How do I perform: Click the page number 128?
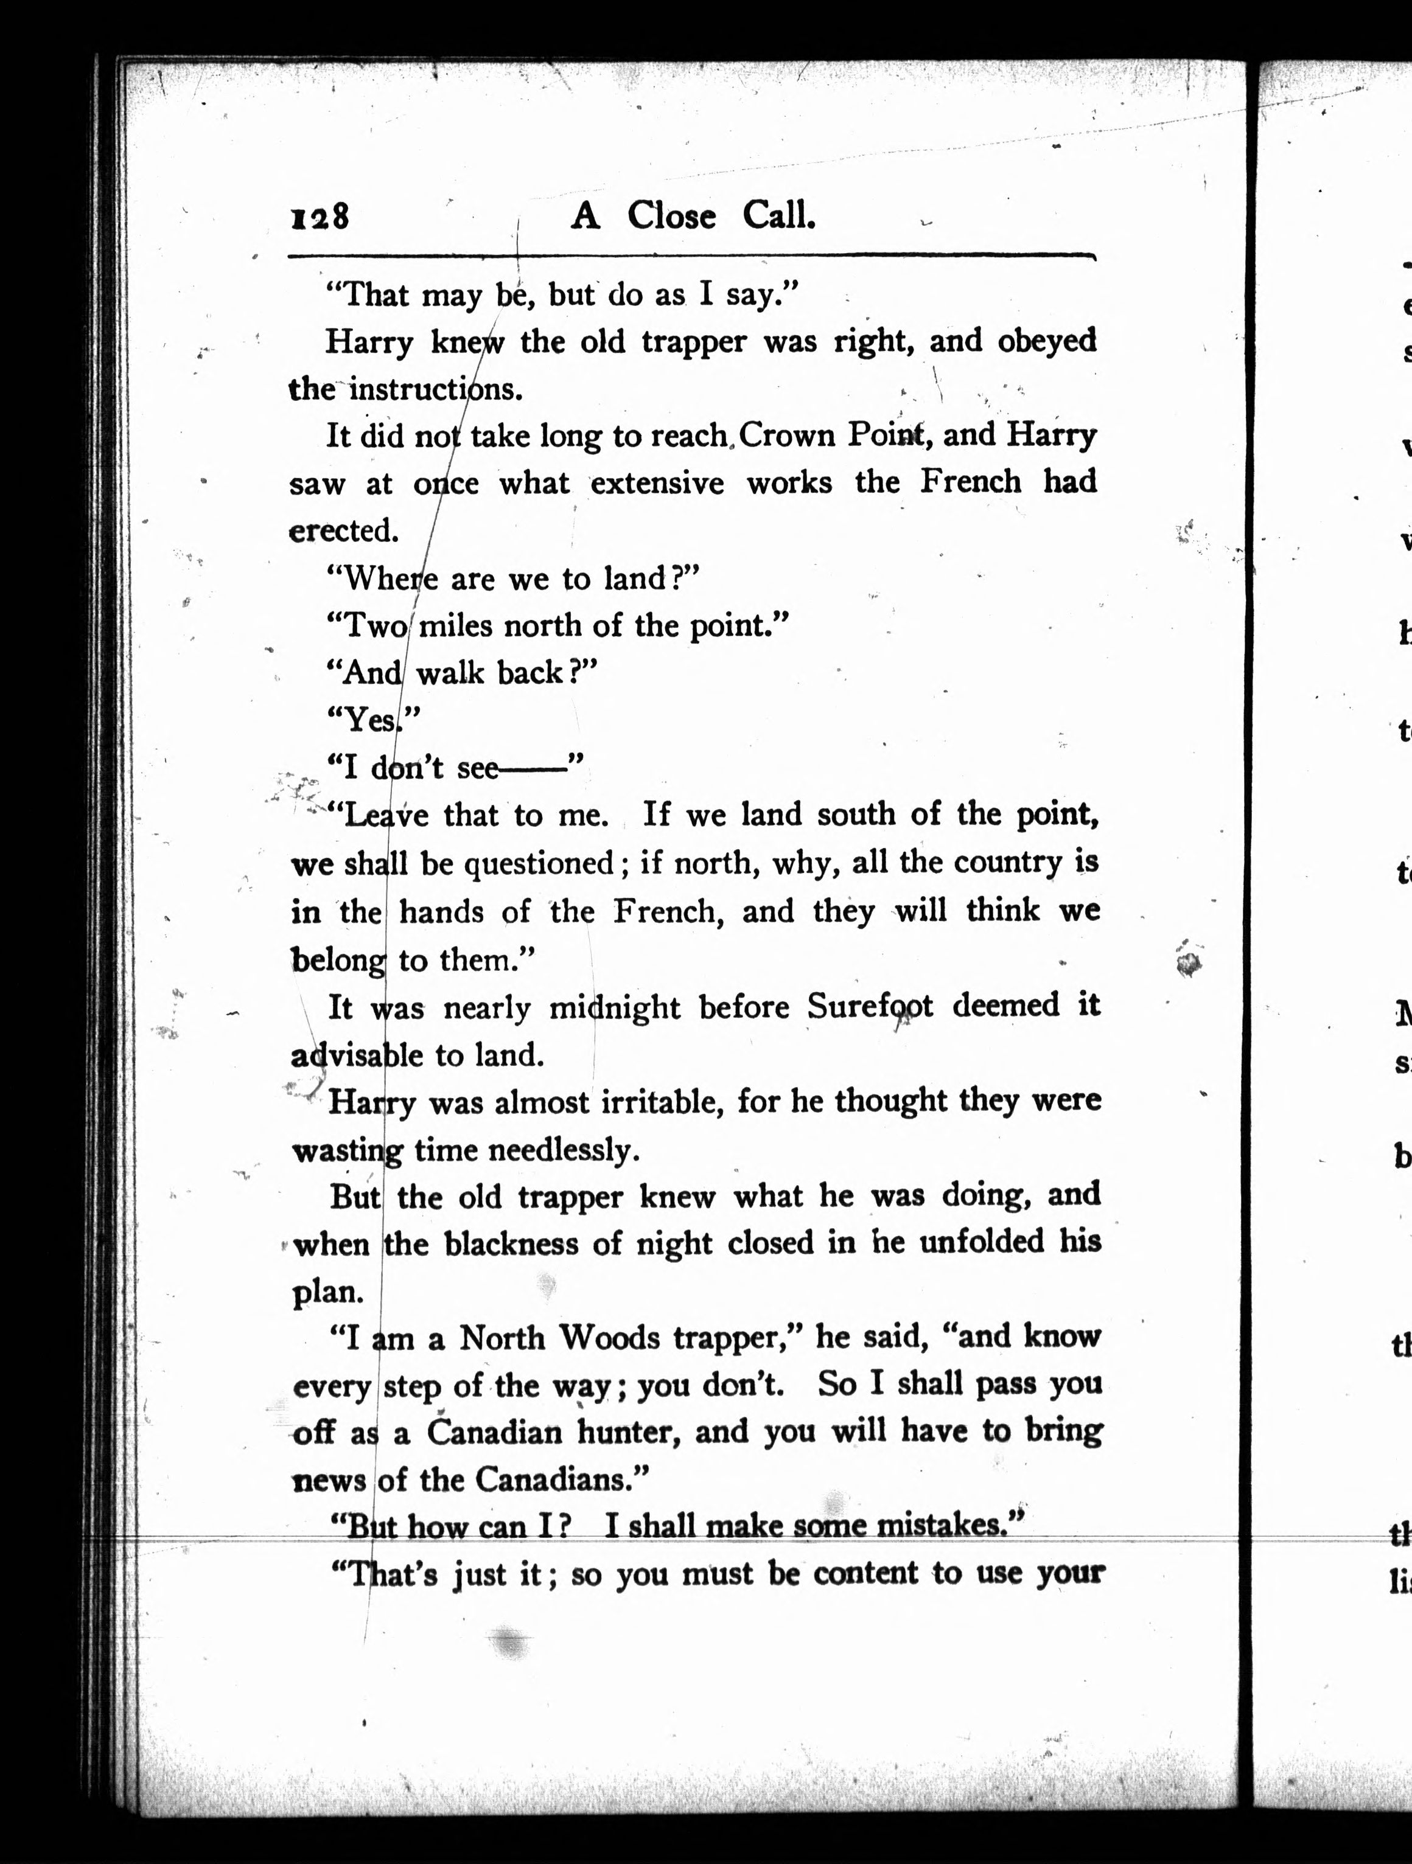(320, 217)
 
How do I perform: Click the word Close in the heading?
(671, 217)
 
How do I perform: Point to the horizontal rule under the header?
(691, 256)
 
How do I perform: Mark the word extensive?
(657, 484)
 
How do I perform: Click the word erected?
(342, 531)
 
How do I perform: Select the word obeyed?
(1047, 341)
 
